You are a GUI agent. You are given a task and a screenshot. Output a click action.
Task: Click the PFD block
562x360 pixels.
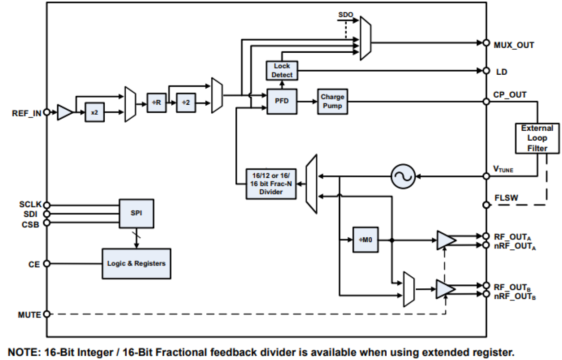282,101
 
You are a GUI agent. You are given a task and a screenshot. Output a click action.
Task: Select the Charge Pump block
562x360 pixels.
332,101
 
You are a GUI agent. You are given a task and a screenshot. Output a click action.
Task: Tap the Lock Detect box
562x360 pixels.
282,70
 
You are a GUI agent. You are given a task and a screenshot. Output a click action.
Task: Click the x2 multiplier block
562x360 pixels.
94,112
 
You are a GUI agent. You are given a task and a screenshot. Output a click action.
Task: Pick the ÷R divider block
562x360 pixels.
156,102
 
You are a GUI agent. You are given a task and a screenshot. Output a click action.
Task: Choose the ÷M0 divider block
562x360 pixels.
365,240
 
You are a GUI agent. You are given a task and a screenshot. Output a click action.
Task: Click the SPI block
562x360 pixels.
136,213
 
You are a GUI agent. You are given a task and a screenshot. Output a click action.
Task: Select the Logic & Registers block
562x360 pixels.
136,263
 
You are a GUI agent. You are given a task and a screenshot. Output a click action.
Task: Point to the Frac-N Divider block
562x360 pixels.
271,184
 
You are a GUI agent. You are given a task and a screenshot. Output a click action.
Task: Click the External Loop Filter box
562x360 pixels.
537,138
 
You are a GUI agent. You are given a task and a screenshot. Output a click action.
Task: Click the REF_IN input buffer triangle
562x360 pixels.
64,112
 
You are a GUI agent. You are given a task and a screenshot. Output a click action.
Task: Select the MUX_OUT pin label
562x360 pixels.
514,45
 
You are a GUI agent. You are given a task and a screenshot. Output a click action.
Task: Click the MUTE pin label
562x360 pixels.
30,315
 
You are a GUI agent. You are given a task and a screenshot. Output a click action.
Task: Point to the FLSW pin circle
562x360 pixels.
486,205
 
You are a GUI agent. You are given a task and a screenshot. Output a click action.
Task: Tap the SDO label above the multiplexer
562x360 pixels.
345,15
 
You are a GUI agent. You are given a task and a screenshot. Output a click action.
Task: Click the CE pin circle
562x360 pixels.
46,264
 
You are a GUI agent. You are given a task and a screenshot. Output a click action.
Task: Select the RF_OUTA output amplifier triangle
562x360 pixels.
446,240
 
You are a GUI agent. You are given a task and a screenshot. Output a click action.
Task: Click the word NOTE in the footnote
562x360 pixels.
23,352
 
